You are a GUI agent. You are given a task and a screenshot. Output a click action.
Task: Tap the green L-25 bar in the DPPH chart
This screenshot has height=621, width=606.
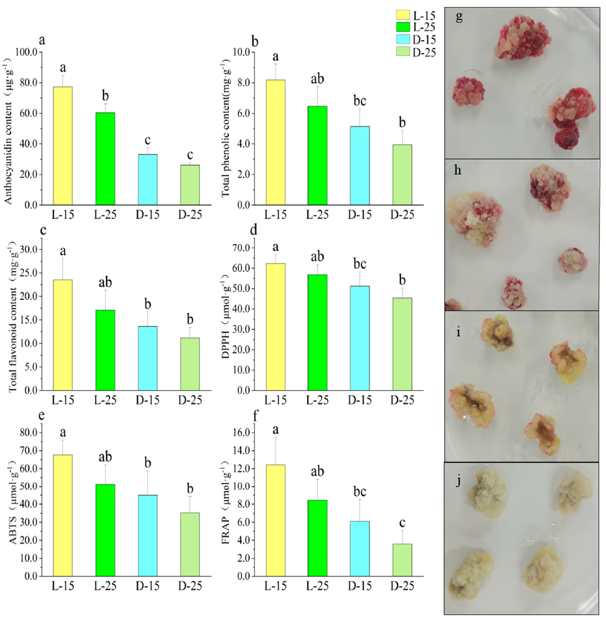pos(317,332)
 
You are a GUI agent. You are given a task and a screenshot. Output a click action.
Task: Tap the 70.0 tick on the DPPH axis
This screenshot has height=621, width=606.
pos(242,248)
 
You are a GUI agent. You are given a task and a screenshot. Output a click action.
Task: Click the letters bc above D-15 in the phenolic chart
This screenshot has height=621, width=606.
pos(360,101)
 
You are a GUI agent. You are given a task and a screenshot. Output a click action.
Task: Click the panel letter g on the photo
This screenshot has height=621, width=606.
pos(459,16)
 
